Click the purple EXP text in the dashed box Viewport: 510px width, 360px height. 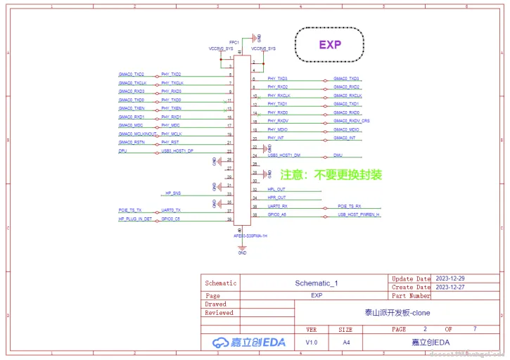(x=330, y=44)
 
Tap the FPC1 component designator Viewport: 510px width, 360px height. (x=234, y=42)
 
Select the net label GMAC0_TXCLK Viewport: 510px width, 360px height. (x=131, y=83)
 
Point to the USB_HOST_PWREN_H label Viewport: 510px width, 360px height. (x=359, y=214)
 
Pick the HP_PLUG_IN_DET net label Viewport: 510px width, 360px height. (x=135, y=219)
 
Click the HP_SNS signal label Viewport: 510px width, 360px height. (x=173, y=193)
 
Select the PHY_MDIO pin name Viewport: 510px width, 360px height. (x=277, y=129)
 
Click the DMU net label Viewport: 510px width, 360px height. (x=338, y=155)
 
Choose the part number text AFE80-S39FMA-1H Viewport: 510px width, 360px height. (x=250, y=236)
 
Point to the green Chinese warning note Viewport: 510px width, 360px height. (x=331, y=174)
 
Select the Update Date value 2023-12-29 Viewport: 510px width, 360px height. (x=450, y=279)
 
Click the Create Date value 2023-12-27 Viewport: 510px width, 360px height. (x=450, y=288)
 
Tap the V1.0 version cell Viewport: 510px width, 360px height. (x=312, y=342)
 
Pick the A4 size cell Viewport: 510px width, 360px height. (x=346, y=342)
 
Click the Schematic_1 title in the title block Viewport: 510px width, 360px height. (x=316, y=283)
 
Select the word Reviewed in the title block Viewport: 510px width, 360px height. (x=219, y=313)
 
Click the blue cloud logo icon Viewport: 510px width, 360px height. (x=219, y=342)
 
